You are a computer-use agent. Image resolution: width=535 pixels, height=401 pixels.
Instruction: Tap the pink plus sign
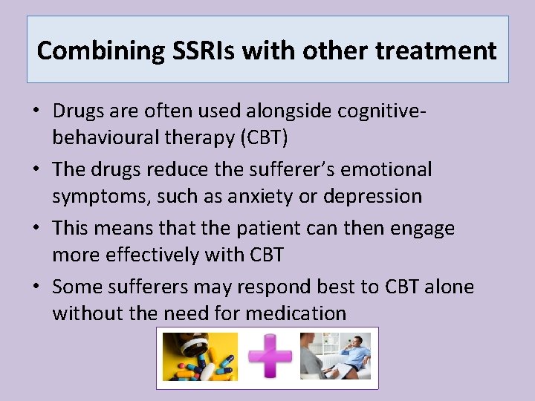pos(269,356)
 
